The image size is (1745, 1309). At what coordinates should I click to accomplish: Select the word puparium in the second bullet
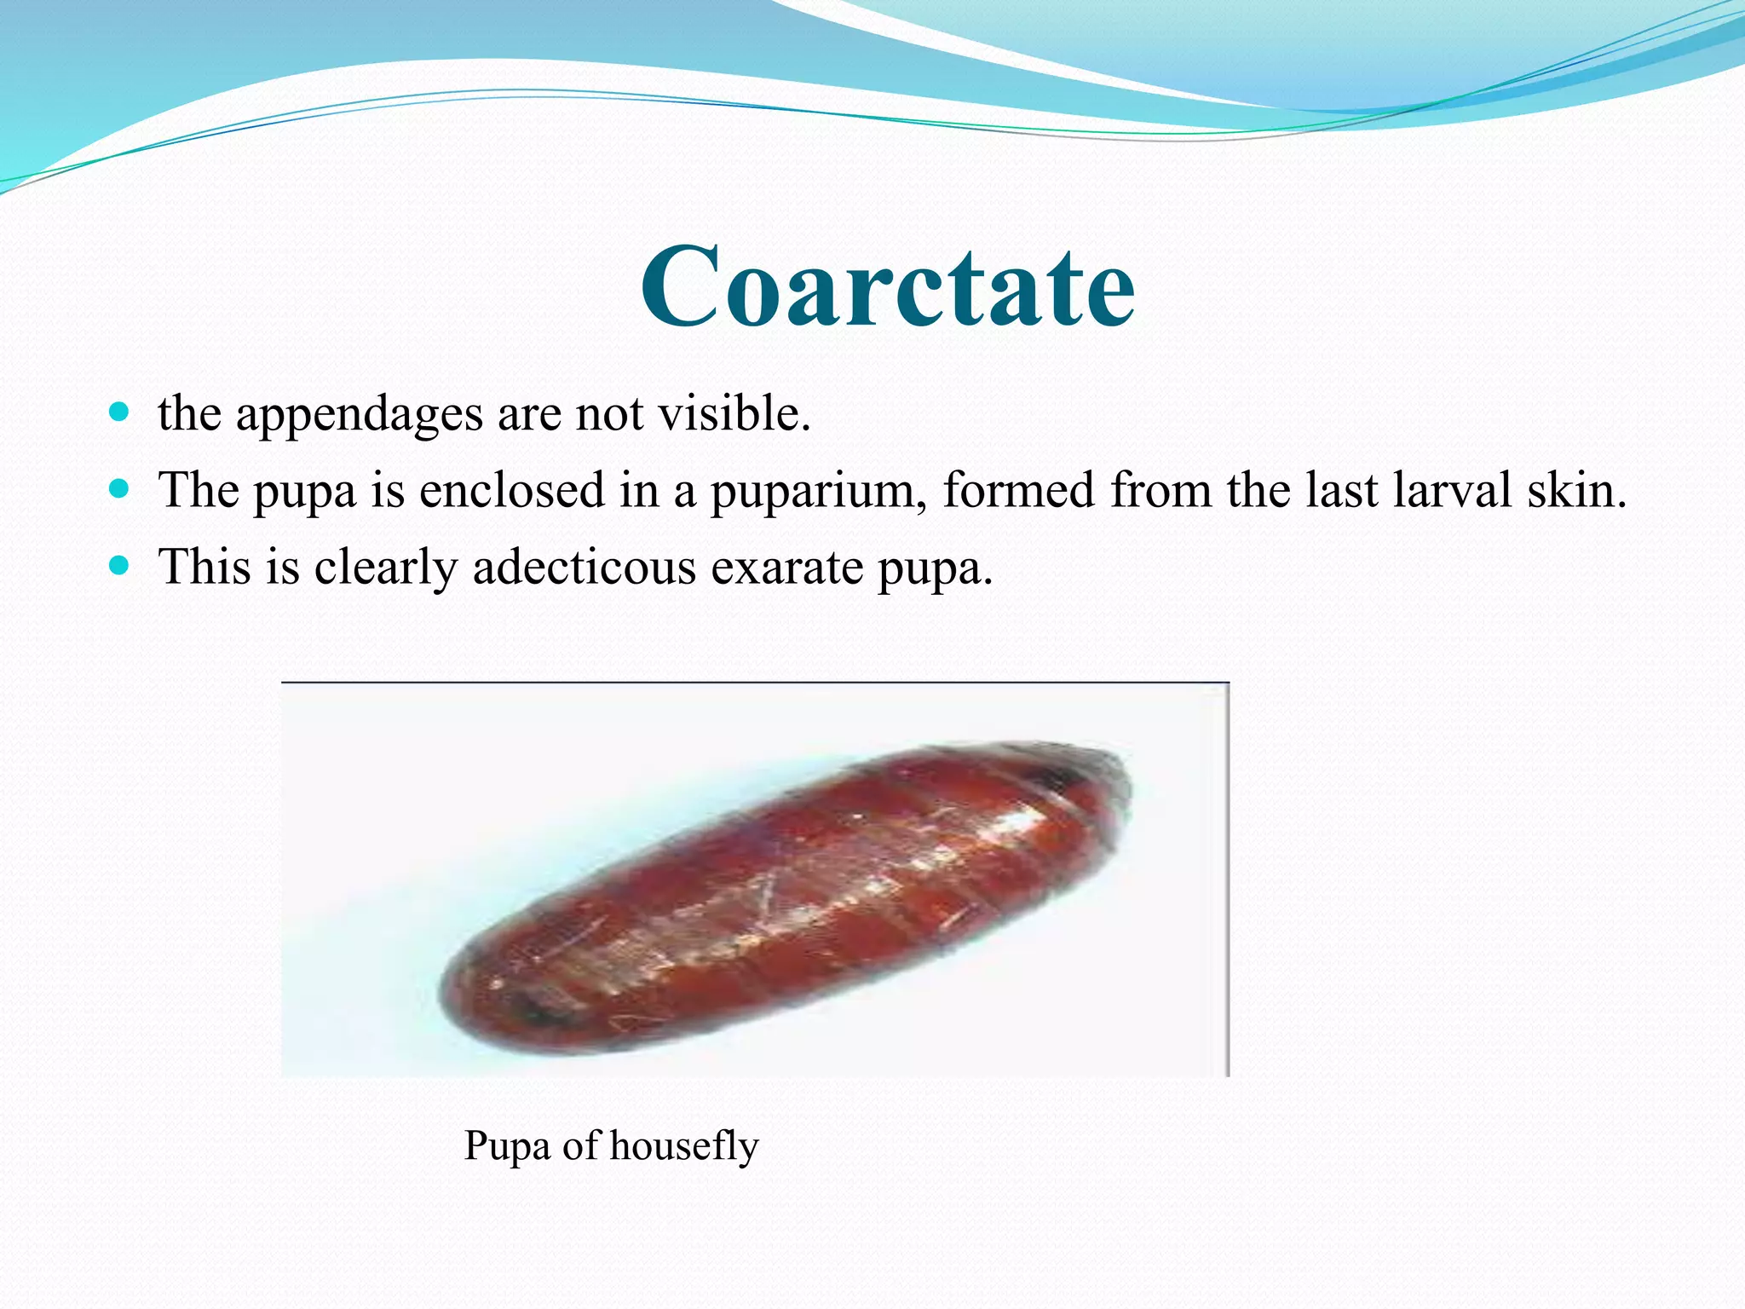pyautogui.click(x=818, y=492)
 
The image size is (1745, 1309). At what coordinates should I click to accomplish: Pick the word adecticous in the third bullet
pyautogui.click(x=584, y=567)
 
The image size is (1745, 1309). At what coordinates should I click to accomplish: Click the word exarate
pyautogui.click(x=786, y=568)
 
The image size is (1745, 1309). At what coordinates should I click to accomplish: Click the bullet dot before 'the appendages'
pyautogui.click(x=119, y=413)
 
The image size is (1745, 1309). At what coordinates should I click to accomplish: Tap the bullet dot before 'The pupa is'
pyautogui.click(x=119, y=489)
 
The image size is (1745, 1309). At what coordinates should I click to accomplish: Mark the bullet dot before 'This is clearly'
pyautogui.click(x=119, y=565)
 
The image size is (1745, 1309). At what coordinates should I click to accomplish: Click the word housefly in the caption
pyautogui.click(x=683, y=1146)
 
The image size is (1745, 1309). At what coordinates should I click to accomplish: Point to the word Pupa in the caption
pyautogui.click(x=507, y=1146)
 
